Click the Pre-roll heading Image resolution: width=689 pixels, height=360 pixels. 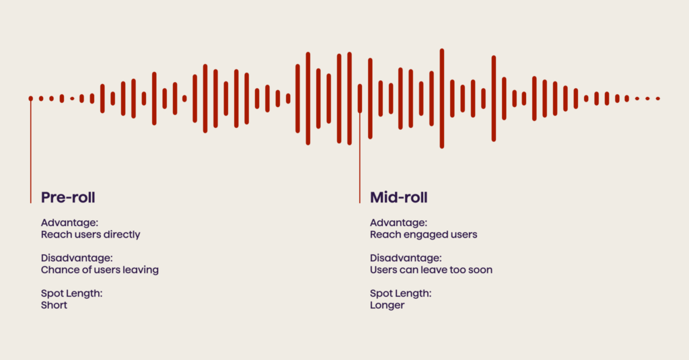68,197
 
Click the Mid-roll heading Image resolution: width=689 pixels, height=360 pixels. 399,197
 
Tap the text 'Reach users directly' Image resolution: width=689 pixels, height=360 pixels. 91,235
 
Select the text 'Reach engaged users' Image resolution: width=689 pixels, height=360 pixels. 423,235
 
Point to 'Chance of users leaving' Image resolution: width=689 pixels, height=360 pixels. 100,270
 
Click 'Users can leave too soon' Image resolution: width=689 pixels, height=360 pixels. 431,270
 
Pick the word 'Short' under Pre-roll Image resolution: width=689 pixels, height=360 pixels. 55,305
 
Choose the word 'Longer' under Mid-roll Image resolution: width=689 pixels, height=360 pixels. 388,305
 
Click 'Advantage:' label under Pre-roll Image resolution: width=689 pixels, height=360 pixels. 69,223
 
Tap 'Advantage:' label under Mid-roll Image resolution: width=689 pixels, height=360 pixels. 398,223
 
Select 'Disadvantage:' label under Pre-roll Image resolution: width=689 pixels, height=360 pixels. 77,258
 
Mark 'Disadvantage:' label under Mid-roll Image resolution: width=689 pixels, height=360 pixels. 406,258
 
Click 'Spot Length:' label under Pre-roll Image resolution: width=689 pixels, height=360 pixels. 71,293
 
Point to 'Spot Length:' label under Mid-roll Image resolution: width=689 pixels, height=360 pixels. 400,293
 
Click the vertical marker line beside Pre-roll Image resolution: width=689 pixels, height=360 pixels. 31,155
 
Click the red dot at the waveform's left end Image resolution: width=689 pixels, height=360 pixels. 31,99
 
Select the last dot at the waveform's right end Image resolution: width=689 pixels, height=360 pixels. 658,99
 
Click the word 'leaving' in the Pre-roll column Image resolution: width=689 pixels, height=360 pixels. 142,270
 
